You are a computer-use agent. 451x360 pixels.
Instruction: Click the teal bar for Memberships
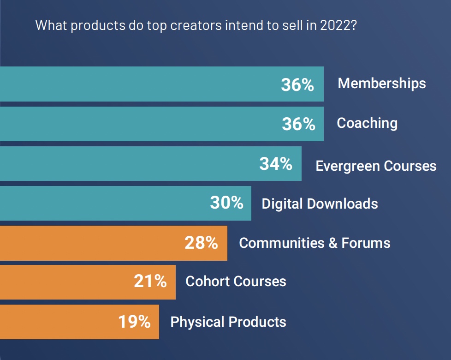pos(138,84)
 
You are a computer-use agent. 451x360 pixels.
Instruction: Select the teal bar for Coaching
pos(138,124)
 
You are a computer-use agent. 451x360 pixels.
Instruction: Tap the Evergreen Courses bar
pos(129,164)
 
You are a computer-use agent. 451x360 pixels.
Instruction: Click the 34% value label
pos(276,164)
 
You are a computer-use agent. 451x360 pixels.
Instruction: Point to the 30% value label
pos(226,203)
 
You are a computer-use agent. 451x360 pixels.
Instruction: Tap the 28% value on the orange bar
pos(201,243)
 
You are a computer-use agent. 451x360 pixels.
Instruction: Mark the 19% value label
pos(134,322)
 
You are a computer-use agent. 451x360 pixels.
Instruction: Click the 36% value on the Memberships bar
pos(297,85)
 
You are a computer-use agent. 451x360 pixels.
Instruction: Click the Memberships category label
pos(382,84)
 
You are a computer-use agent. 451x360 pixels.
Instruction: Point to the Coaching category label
pos(367,123)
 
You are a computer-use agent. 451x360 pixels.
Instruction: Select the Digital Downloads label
pos(320,204)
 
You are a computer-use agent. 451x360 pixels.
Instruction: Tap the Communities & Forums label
pos(315,243)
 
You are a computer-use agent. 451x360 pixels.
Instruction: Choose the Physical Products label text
pos(228,322)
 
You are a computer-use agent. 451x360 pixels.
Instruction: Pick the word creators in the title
pos(196,25)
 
